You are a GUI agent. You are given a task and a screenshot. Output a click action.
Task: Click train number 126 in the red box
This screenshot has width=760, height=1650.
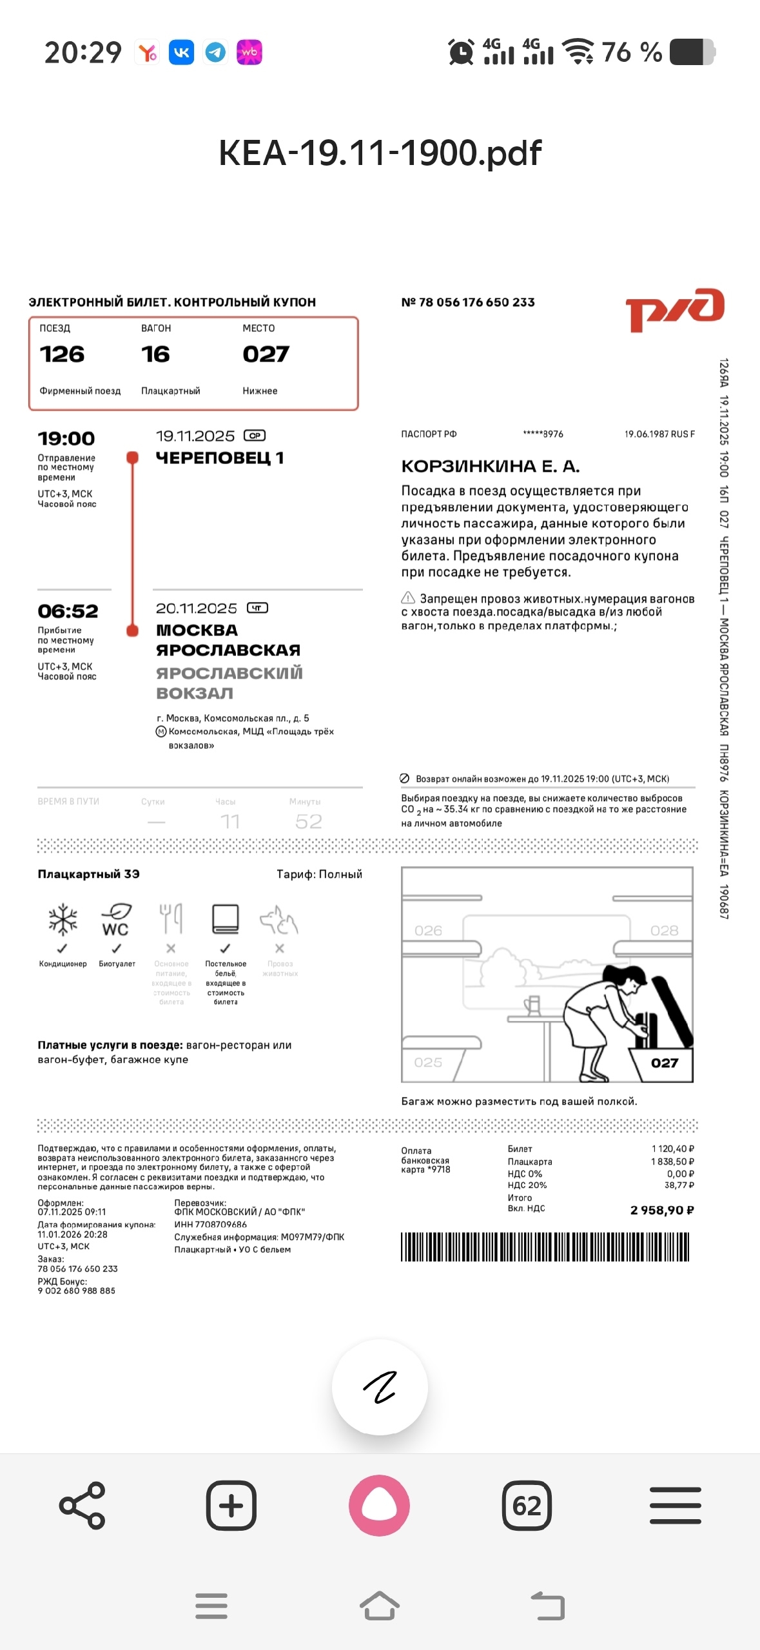(62, 354)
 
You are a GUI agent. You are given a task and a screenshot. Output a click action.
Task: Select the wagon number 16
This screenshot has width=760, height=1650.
(155, 354)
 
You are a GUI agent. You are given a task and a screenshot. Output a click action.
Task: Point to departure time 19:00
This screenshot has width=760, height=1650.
(66, 439)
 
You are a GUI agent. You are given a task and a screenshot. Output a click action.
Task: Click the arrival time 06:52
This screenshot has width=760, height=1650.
(68, 611)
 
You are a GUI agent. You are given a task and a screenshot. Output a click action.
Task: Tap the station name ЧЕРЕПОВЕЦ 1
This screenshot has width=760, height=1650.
(220, 458)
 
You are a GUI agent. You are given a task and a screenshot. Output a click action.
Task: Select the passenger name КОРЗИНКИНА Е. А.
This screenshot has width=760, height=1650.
(491, 466)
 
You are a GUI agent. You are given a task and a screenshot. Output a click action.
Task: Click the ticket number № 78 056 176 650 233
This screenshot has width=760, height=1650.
(468, 302)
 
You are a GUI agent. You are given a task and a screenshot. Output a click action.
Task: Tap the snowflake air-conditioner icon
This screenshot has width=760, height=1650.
(63, 920)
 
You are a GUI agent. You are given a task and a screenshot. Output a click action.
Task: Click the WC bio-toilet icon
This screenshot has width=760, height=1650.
(116, 920)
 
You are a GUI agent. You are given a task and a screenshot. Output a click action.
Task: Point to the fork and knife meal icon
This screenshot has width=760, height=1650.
(171, 918)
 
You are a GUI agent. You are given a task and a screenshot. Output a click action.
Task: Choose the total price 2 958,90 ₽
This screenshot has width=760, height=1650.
(662, 1210)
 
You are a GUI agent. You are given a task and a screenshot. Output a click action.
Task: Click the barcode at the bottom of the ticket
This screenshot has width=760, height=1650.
(545, 1247)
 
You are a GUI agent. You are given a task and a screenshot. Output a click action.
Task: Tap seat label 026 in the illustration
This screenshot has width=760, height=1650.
(429, 931)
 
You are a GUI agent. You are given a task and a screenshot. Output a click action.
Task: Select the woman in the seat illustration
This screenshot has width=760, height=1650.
(606, 1018)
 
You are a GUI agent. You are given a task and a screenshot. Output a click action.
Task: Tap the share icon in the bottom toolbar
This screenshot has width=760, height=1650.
(82, 1506)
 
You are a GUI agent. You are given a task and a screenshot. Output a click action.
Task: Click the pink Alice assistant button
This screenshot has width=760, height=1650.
(380, 1506)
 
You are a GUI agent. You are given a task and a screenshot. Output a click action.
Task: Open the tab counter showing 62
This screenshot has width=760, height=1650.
(527, 1506)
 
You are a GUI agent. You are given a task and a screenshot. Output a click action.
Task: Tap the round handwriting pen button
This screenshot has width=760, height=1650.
(380, 1387)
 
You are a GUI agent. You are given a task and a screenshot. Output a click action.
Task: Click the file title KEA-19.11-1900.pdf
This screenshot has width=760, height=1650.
(380, 153)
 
